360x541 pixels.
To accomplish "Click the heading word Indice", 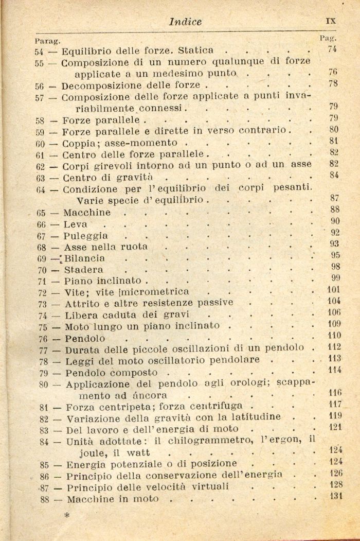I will [185, 22].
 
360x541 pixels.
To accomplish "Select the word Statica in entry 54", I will [195, 51].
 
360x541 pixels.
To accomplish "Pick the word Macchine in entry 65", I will [87, 213].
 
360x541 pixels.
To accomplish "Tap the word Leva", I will [76, 224].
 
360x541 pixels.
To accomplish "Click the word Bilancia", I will [85, 258].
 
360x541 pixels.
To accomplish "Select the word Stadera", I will [84, 270].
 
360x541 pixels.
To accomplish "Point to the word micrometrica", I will [154, 292].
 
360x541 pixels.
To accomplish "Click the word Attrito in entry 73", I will [82, 303].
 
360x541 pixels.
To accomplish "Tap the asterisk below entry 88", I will [66, 514].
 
